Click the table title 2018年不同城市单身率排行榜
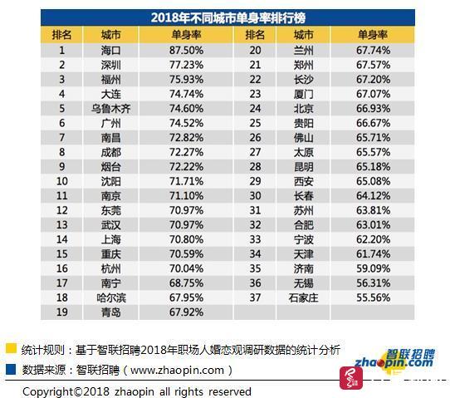click(228, 17)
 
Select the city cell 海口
click(110, 51)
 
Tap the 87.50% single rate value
click(186, 51)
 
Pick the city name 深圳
click(110, 65)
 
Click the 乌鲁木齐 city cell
click(110, 109)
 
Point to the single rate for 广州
click(186, 123)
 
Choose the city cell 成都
click(110, 152)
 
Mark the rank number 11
click(61, 196)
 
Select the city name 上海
click(110, 239)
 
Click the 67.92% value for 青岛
click(186, 312)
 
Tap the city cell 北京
click(303, 109)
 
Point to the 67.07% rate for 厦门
click(373, 94)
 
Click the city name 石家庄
click(303, 297)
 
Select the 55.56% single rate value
click(373, 297)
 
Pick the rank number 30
click(255, 196)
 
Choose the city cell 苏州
click(303, 210)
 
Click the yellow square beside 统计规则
click(11, 348)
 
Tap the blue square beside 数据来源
click(11, 369)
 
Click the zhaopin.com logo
click(395, 360)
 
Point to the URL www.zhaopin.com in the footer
click(177, 370)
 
